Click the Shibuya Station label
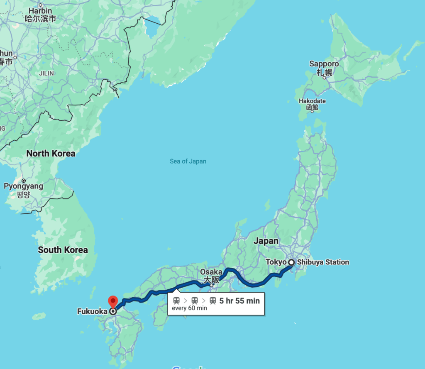tap(323, 262)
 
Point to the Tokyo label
tap(276, 262)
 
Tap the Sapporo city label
tap(324, 64)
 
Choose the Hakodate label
tap(312, 101)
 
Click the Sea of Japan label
tap(188, 161)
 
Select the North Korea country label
tap(51, 154)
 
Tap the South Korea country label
tap(63, 250)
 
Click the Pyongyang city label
tap(23, 186)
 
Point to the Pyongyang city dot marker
tap(24, 181)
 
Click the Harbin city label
tap(41, 10)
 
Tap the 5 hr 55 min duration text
tap(239, 301)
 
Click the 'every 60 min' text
tap(189, 308)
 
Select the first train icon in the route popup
tap(176, 301)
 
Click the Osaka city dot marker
tap(212, 285)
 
